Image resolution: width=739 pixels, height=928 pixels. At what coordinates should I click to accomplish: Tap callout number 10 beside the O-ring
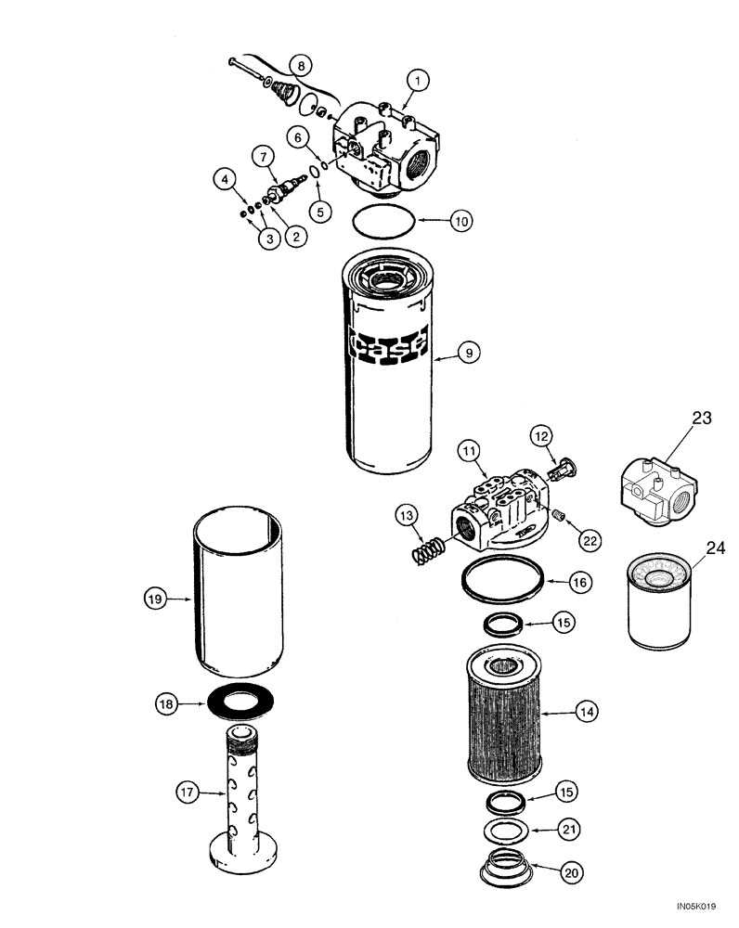461,221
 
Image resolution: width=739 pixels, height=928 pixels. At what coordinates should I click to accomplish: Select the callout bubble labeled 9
469,352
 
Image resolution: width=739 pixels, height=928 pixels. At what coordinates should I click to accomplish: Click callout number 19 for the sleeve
154,599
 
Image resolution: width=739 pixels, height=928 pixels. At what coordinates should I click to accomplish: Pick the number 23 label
701,419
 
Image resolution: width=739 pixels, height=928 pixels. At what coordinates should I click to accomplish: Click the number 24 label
713,548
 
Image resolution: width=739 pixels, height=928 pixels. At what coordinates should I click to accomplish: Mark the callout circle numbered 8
300,65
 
